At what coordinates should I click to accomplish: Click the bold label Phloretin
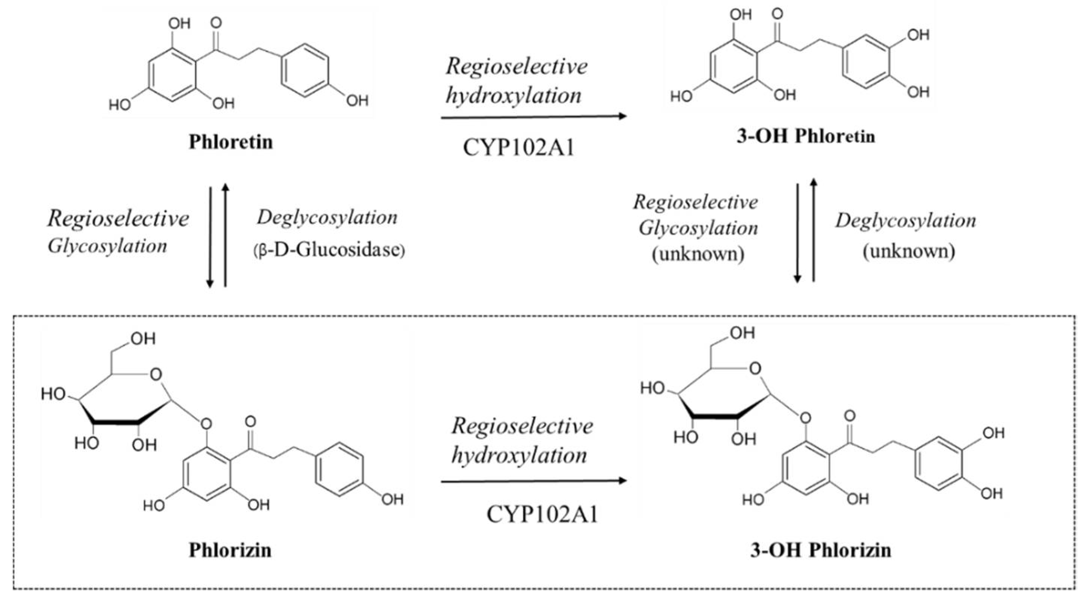point(231,142)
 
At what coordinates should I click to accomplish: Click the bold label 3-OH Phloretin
point(805,136)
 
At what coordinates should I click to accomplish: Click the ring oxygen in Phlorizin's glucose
point(156,375)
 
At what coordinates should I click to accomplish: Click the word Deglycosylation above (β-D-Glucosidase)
point(327,218)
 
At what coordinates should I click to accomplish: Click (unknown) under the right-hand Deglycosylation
point(909,251)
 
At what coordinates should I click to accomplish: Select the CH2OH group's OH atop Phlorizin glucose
point(143,339)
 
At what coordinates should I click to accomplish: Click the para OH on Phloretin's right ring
point(357,101)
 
